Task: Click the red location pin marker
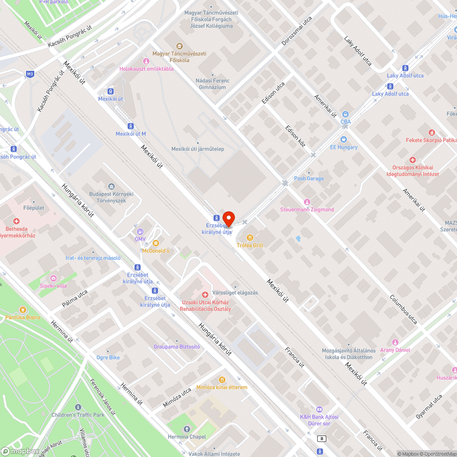228,218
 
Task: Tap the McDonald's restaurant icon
155,243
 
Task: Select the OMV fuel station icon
140,231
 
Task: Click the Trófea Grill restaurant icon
250,237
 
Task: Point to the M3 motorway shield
30,74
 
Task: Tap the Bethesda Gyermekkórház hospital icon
16,221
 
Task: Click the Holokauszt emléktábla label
146,69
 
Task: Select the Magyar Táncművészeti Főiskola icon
180,46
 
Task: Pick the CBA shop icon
345,114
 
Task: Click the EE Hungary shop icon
344,139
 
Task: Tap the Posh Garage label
308,179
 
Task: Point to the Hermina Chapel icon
186,429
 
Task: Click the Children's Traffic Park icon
78,407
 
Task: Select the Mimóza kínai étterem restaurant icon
222,379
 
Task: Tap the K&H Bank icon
319,409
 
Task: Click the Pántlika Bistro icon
23,309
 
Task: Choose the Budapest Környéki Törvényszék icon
112,186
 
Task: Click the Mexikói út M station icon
131,126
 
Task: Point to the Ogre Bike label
108,357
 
